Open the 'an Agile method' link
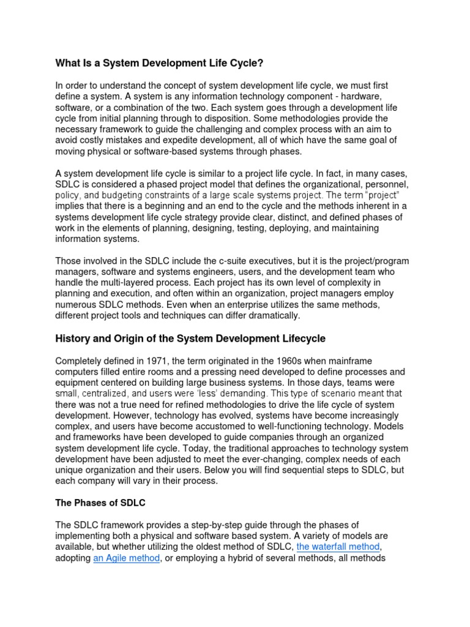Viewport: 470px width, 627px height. [x=127, y=558]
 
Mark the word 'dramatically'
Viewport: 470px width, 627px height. [x=274, y=315]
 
